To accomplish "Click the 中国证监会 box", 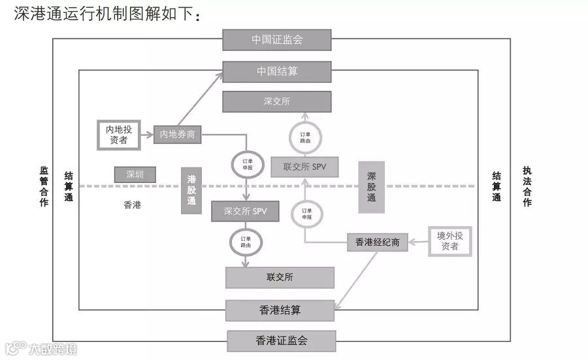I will [x=277, y=40].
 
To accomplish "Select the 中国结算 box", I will [x=277, y=71].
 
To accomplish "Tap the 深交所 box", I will [x=277, y=102].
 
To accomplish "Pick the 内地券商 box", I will [x=177, y=135].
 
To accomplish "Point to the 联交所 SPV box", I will [x=304, y=167].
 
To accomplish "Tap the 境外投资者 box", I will [x=449, y=241].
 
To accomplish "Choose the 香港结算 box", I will [x=280, y=310].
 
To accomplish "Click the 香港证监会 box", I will [x=281, y=341].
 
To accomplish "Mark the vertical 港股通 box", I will [x=191, y=190].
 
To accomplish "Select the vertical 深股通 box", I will [x=371, y=187].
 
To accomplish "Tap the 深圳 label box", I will [x=135, y=174].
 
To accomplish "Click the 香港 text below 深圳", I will [x=132, y=205].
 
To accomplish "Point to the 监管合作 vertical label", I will [x=44, y=186].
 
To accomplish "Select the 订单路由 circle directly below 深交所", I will [x=305, y=138].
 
